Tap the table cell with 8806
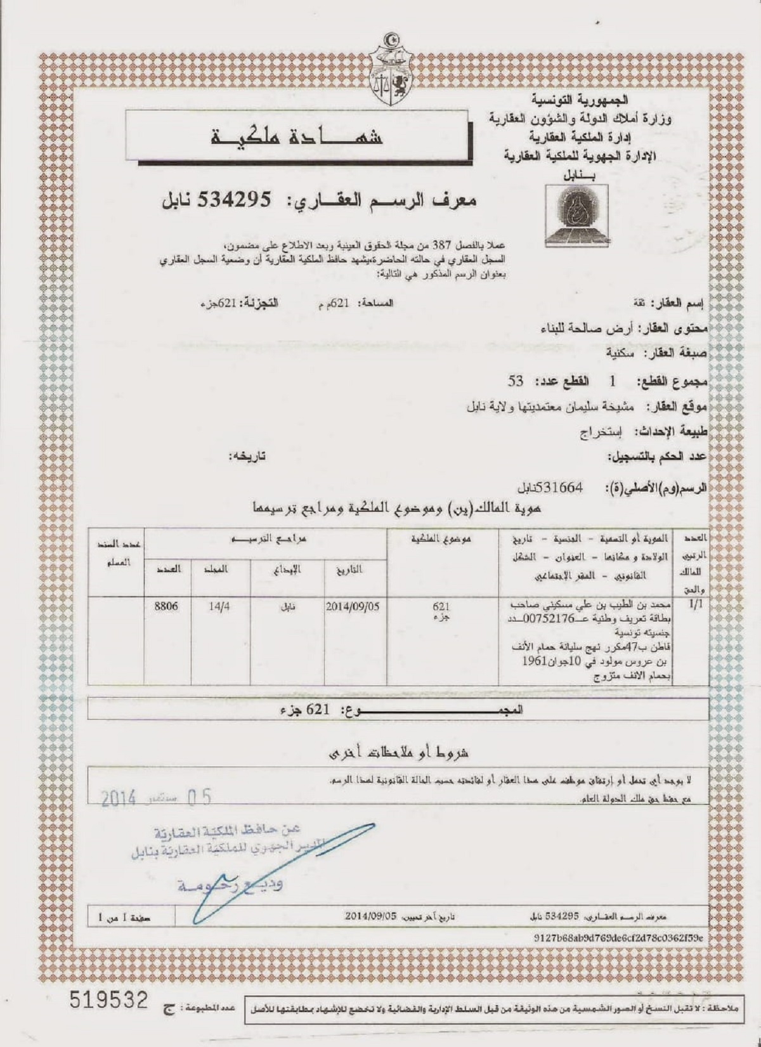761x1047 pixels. pyautogui.click(x=166, y=607)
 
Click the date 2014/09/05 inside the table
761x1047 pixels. pyautogui.click(x=353, y=607)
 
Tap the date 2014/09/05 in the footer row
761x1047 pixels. pyautogui.click(x=371, y=916)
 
